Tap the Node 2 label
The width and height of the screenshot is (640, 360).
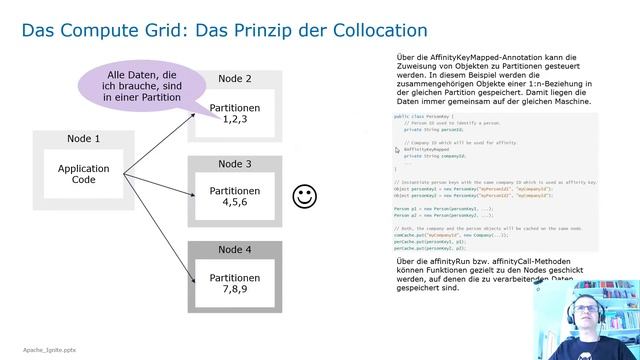[234, 79]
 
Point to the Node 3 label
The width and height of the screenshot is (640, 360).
[234, 163]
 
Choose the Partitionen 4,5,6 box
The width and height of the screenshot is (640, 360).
[234, 196]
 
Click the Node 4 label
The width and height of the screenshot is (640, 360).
[234, 249]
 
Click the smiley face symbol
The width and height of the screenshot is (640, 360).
[304, 197]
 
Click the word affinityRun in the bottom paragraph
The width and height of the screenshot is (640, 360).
[429, 262]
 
